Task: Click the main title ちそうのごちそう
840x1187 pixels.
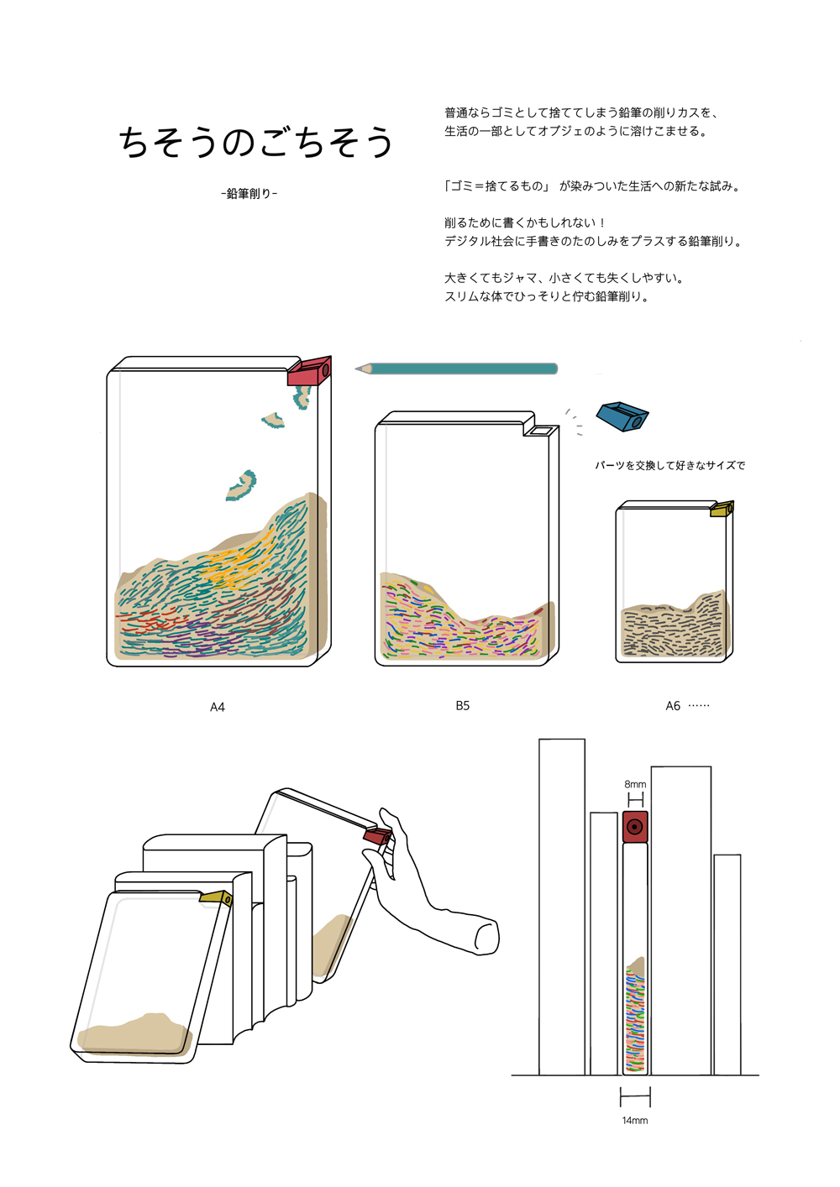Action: [256, 142]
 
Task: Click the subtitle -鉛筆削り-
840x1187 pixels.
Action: [249, 194]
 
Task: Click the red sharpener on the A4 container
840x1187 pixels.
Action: [309, 372]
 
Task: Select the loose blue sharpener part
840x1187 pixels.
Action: [622, 416]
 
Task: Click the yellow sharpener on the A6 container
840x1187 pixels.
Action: [722, 509]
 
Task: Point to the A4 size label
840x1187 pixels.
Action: [218, 708]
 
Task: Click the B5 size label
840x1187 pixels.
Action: [463, 706]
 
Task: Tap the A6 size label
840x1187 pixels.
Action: [673, 706]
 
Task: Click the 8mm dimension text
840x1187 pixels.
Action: [635, 784]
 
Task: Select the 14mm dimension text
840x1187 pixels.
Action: [635, 1121]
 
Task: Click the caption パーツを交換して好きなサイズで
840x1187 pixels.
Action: [669, 466]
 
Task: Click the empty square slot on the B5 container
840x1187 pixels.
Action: [541, 431]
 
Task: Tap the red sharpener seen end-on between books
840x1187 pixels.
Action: [635, 827]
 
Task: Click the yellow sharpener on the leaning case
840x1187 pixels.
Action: [216, 898]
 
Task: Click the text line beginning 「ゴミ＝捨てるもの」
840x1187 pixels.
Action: [592, 186]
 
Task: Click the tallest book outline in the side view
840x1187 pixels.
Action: [561, 907]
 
